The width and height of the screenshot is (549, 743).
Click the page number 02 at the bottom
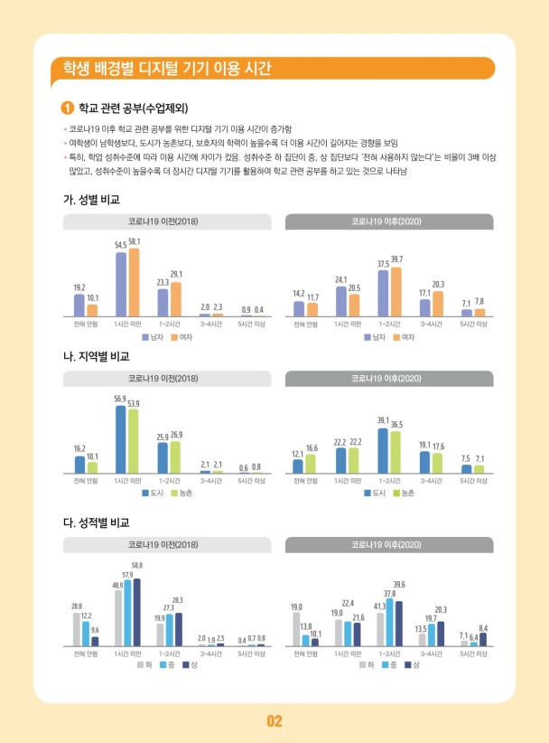click(274, 720)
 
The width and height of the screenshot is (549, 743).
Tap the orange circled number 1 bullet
click(65, 109)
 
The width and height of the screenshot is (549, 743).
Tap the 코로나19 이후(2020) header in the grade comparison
click(389, 545)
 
